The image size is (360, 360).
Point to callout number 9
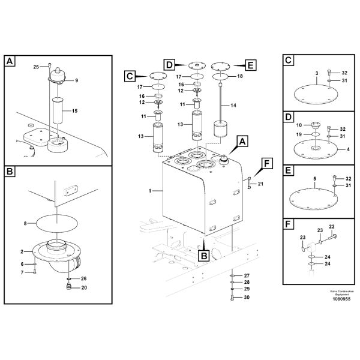point(76,80)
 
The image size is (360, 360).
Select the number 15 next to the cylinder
point(75,111)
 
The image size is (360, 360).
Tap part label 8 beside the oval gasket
point(25,224)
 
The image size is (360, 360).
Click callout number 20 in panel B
point(83,287)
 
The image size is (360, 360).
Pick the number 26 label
point(83,278)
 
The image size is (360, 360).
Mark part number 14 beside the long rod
point(233,105)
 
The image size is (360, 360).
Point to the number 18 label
point(241,77)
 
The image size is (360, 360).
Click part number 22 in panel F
point(332,226)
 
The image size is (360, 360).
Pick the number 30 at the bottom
point(246,297)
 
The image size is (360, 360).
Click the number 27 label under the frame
point(246,275)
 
